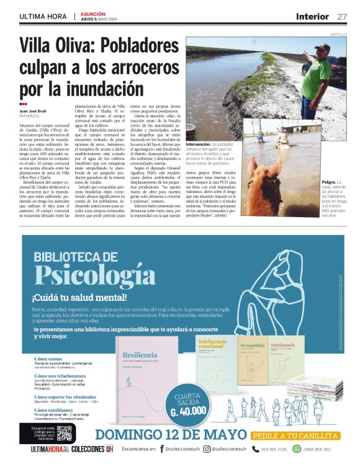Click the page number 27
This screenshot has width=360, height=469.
pos(343,16)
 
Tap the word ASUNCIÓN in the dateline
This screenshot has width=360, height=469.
pos(94,13)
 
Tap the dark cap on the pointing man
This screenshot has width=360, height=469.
pos(322,47)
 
